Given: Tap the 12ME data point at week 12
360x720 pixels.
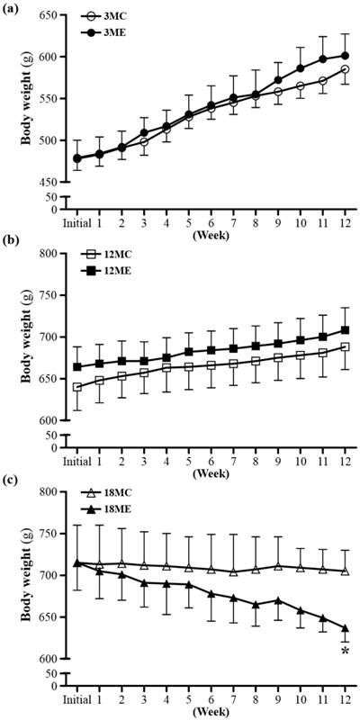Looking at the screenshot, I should pyautogui.click(x=346, y=330).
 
